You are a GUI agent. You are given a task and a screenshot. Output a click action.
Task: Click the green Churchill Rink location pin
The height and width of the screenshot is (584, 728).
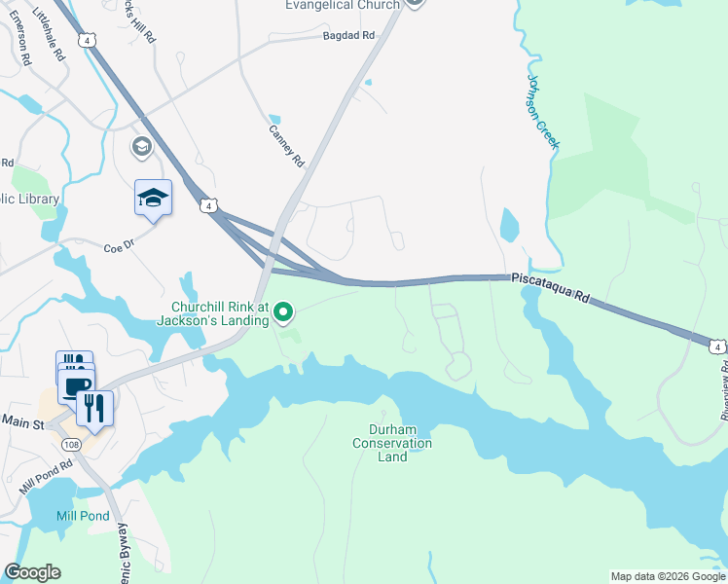click(x=283, y=311)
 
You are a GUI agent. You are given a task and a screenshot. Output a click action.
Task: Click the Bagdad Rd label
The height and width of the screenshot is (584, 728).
click(x=348, y=36)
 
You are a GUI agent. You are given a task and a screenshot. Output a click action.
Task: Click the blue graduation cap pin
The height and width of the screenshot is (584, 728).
click(x=153, y=199)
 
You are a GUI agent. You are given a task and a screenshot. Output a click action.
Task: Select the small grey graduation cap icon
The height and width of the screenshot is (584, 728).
click(x=141, y=146)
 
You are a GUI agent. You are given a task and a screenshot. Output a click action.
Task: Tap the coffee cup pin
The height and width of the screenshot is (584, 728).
click(x=76, y=386)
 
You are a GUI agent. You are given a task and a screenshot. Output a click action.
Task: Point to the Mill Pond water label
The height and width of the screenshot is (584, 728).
click(x=80, y=516)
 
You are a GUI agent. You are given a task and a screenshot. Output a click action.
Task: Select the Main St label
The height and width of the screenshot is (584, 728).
click(x=23, y=421)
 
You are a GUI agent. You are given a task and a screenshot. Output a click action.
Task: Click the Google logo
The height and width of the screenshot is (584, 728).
click(x=32, y=572)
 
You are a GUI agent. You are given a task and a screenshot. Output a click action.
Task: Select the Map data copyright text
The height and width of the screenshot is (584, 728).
click(x=668, y=576)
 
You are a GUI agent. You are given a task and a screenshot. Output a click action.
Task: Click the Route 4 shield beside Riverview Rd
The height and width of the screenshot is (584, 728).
click(x=717, y=347)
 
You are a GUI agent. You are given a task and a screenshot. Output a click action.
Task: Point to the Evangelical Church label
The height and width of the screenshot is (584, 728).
click(x=343, y=6)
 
